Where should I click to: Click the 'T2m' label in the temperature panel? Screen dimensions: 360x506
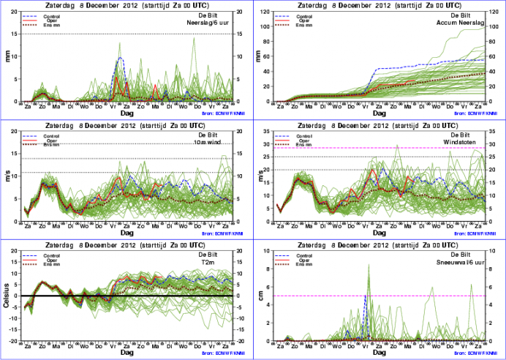click(224, 262)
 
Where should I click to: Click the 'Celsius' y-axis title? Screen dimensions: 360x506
click(7, 296)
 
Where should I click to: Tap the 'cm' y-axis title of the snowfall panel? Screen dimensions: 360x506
click(260, 296)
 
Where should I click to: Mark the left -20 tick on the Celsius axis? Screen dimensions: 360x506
click(13, 342)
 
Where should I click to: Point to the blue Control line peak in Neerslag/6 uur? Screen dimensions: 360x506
click(119, 58)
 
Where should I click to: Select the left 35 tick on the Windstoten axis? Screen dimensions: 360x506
click(268, 132)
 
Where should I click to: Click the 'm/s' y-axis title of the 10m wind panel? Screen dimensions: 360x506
click(7, 176)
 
